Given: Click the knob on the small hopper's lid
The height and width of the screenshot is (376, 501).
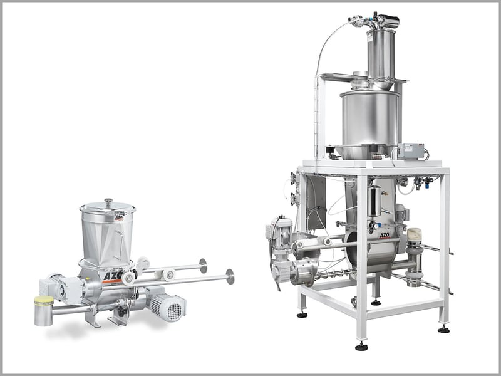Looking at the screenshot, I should [108, 202].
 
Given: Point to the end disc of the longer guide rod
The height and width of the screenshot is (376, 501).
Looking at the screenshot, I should [230, 276].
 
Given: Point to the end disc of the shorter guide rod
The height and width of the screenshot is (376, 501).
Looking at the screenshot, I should [203, 266].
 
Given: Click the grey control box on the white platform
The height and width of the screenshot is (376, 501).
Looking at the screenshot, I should [411, 151].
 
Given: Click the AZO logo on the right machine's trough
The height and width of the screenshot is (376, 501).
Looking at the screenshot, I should [385, 232].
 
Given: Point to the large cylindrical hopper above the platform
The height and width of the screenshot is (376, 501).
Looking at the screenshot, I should [369, 118].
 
